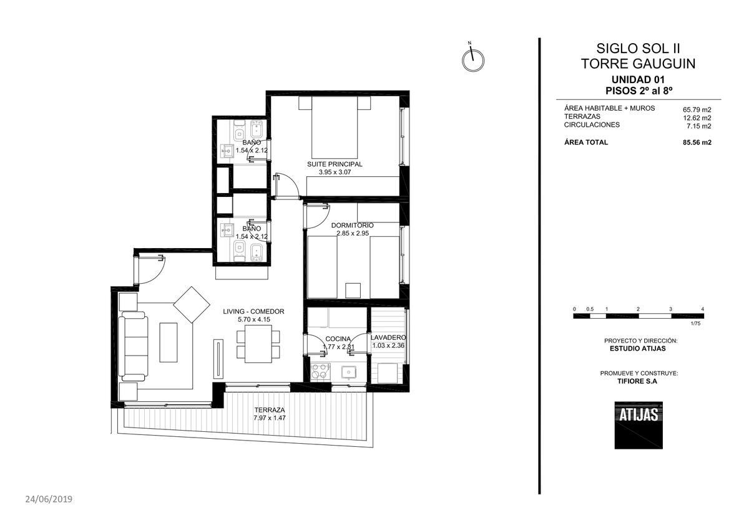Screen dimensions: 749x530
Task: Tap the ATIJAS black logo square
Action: tap(639, 425)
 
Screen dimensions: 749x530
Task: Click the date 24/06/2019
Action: tap(49, 499)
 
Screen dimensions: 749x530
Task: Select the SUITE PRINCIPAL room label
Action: tap(335, 164)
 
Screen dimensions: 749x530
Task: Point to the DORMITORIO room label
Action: tap(353, 226)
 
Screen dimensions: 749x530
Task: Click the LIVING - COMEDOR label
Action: tap(254, 311)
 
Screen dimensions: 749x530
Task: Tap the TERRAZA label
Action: tap(270, 410)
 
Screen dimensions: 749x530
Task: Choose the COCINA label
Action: tap(338, 339)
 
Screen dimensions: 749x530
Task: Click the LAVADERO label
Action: tap(388, 337)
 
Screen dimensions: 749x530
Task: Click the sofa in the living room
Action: tap(134, 346)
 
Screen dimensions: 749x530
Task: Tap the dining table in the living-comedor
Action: tap(258, 344)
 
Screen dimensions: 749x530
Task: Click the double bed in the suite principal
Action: tap(335, 127)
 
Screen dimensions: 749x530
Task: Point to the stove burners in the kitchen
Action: tap(320, 371)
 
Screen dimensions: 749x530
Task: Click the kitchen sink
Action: tap(349, 372)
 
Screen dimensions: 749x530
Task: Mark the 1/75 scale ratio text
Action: tap(695, 323)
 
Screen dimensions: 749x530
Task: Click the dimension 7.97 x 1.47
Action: tap(270, 418)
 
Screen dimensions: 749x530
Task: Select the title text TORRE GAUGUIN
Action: tap(639, 64)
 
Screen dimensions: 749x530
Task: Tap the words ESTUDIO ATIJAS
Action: tap(638, 348)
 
